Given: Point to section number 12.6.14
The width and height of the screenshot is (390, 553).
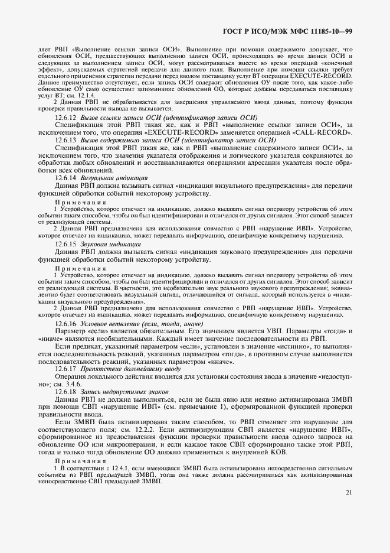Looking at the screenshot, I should point(65,178).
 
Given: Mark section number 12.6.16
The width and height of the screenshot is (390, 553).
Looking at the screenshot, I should point(65,324).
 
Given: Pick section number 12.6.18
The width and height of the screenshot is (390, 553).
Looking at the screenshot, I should point(65,391).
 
